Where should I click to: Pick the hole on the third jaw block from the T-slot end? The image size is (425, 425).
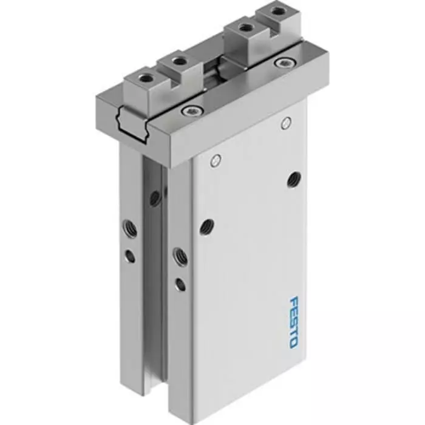point(245,27)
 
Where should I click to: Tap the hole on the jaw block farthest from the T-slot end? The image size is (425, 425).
point(277,11)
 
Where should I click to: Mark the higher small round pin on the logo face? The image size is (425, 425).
point(286,124)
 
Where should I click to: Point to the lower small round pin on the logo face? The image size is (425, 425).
point(214,160)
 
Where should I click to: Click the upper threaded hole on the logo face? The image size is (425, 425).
point(294,178)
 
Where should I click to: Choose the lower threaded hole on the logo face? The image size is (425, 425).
point(206,226)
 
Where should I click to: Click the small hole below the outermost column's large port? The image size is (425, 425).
point(130,256)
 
